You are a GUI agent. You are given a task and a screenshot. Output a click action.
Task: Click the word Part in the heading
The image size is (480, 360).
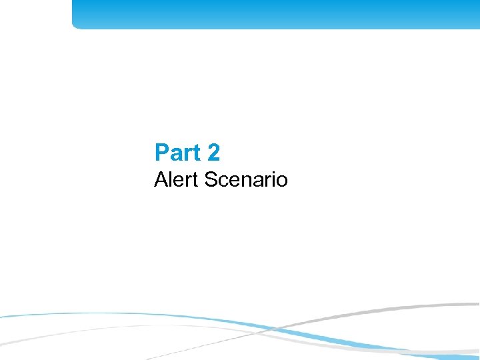[177, 153]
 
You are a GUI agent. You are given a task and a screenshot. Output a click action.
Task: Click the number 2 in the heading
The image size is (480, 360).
[213, 153]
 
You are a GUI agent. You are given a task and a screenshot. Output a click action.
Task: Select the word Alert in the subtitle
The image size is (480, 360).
[177, 179]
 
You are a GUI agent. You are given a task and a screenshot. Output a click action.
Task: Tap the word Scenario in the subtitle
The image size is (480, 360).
[247, 179]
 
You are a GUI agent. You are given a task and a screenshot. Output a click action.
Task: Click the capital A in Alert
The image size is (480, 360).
[161, 179]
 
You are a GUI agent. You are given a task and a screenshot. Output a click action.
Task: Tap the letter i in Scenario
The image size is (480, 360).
[272, 179]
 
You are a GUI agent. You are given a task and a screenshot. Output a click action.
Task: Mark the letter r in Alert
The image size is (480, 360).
[189, 181]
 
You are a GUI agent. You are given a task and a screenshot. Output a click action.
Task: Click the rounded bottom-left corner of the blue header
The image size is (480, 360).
[75, 25]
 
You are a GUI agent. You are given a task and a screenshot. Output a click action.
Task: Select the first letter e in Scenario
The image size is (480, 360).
[234, 181]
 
